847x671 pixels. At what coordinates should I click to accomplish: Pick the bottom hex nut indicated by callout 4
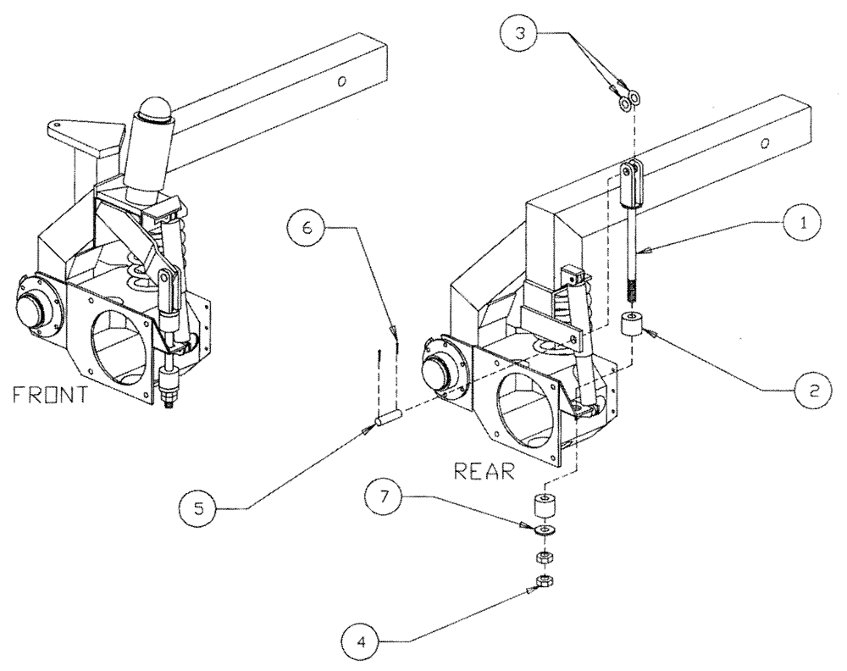tap(543, 583)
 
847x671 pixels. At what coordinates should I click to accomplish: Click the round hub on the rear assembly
tap(438, 370)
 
